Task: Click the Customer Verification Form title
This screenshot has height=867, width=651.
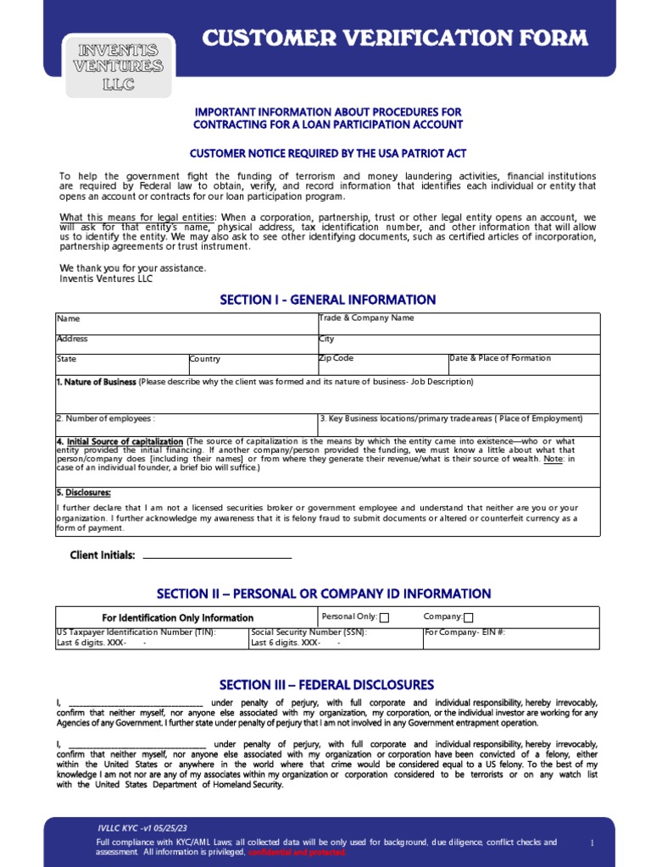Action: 394,38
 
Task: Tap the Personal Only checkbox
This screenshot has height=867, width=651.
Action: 384,618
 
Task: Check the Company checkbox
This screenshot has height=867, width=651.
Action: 469,618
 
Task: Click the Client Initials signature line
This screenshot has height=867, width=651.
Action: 217,557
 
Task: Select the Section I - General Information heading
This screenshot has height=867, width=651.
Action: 328,300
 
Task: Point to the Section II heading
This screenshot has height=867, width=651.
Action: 324,594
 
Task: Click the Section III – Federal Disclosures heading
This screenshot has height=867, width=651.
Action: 326,684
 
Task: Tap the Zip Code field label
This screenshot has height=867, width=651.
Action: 336,358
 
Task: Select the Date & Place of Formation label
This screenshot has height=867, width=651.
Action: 499,358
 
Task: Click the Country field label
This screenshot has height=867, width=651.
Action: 205,359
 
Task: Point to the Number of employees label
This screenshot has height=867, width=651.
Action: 106,418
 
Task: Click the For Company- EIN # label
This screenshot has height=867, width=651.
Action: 465,632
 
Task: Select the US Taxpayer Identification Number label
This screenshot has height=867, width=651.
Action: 136,632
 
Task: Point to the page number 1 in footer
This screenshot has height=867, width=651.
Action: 592,842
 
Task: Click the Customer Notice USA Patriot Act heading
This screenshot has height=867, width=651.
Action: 327,153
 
